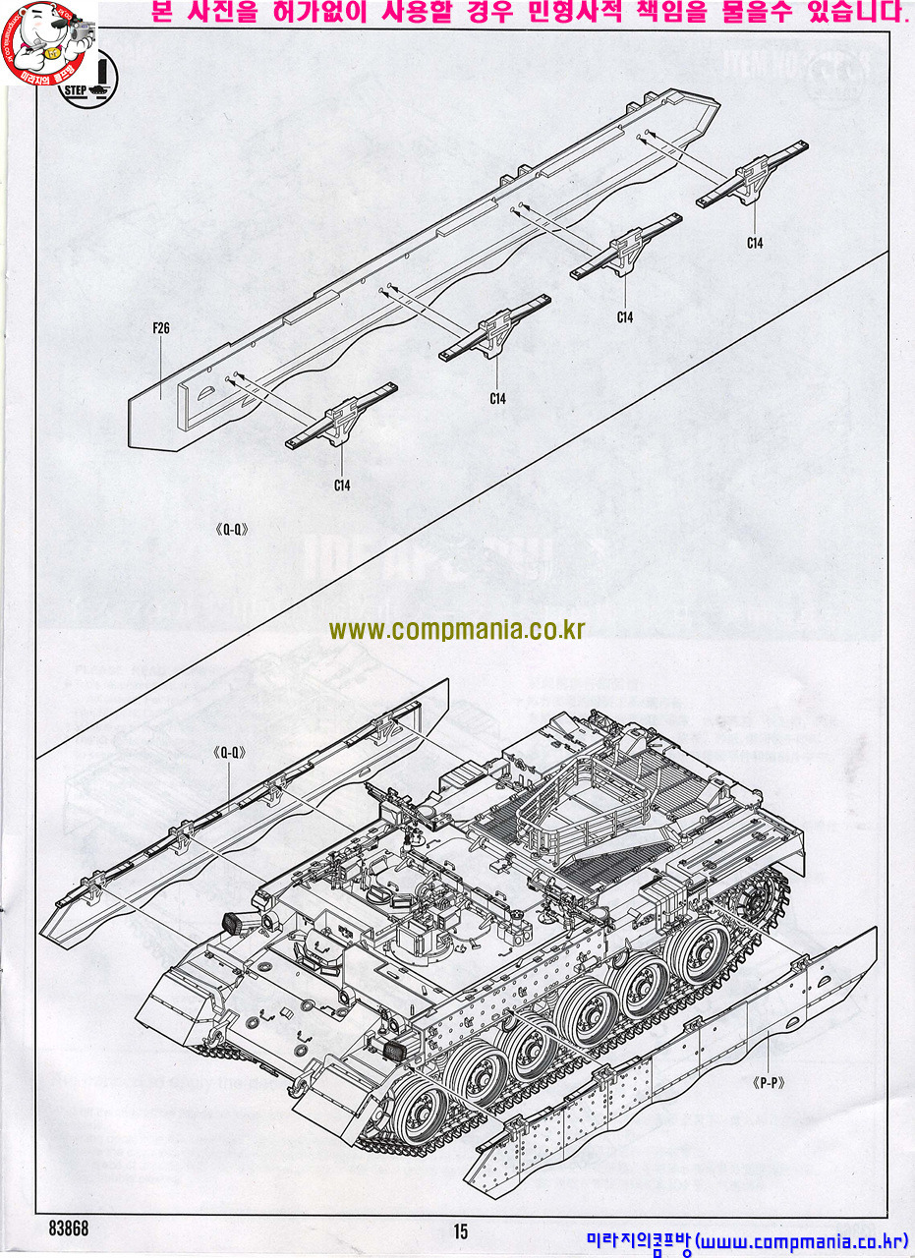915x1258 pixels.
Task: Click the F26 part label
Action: coord(161,328)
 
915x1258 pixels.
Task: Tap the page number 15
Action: coord(461,1230)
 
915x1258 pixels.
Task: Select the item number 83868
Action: coord(68,1229)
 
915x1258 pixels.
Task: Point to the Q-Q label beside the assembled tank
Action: coord(228,753)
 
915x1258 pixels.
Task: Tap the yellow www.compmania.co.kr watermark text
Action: coord(457,630)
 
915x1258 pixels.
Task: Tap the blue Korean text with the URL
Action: coord(747,1242)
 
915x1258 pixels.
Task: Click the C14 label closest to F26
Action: coord(341,484)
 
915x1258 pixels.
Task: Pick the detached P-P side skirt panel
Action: coord(678,1071)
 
